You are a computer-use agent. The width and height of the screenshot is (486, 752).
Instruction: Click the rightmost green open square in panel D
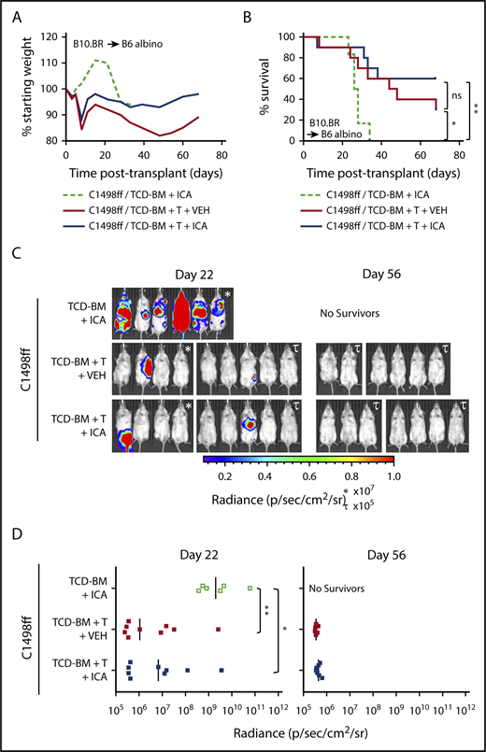pos(250,588)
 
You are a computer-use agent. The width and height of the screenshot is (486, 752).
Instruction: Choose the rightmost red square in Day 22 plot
pos(218,630)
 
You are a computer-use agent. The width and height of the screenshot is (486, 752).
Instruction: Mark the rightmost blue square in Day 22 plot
pos(222,670)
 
